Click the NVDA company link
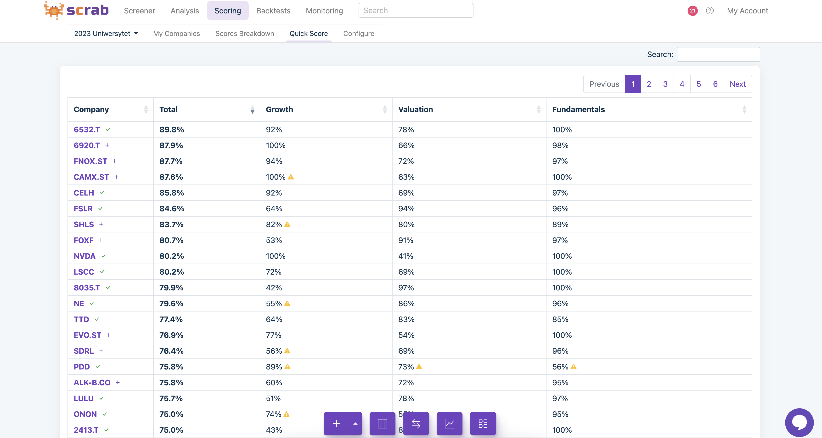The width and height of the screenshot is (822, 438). (x=84, y=256)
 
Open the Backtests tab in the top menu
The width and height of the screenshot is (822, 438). (x=273, y=11)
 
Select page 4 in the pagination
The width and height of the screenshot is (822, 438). (x=682, y=84)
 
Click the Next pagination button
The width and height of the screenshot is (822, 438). (x=738, y=84)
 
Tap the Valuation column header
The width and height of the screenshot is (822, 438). (x=416, y=109)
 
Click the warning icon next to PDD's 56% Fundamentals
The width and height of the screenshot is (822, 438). (x=574, y=367)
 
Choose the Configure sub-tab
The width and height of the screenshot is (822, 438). (x=359, y=34)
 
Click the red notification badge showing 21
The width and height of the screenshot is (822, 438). (x=693, y=11)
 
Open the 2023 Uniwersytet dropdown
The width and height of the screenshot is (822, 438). (x=106, y=34)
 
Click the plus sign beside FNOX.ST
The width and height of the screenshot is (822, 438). (x=115, y=161)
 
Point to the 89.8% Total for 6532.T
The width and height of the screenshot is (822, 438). (x=172, y=129)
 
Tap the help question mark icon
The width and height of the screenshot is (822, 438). (x=710, y=11)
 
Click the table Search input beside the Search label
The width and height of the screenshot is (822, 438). (x=718, y=54)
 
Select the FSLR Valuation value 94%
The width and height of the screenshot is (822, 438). (x=406, y=209)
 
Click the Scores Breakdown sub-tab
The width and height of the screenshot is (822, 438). (x=244, y=34)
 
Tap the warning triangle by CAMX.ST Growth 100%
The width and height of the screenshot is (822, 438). (x=291, y=177)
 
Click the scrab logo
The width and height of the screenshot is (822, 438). (x=77, y=10)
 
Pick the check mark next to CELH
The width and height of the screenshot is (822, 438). (x=102, y=193)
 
